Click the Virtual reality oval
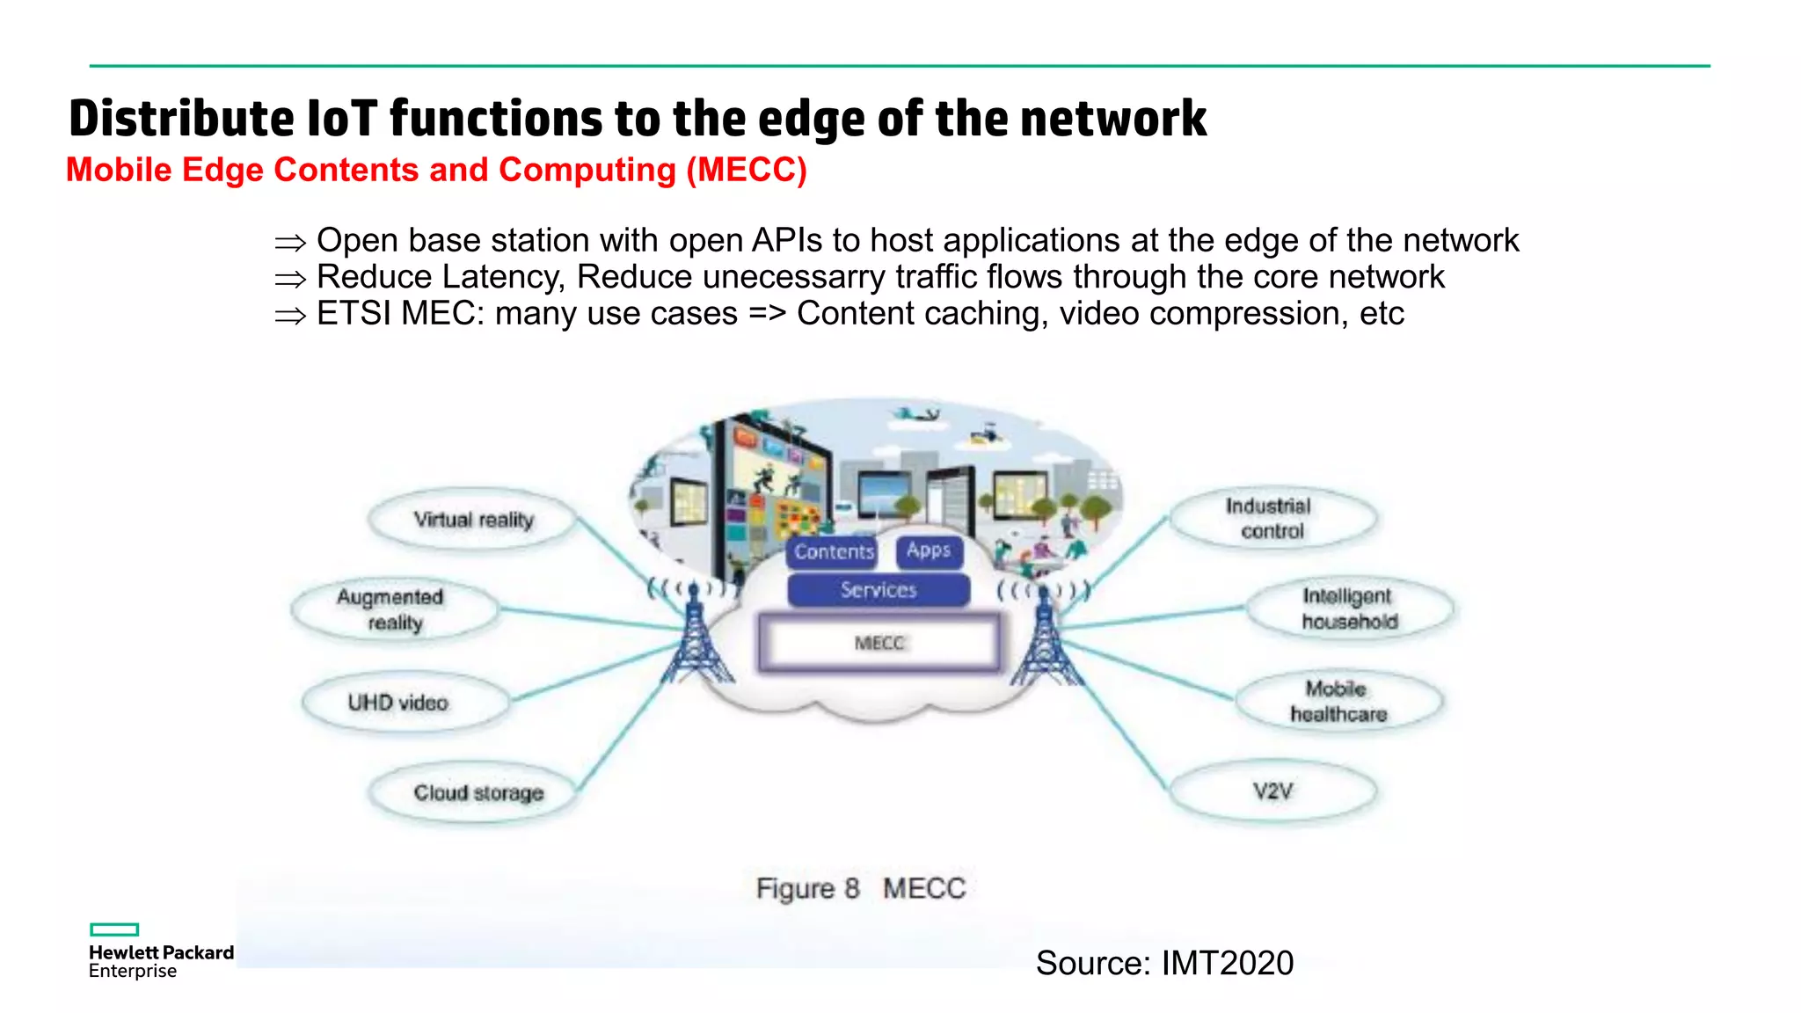473,520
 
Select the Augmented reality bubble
393,609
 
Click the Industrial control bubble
1270,519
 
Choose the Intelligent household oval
1349,609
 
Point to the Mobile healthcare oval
1338,701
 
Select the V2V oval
1272,791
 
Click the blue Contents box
833,551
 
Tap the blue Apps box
929,550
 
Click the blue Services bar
879,590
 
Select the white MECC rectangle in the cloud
879,643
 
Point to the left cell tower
696,638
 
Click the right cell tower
1045,638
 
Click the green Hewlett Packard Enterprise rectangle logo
114,929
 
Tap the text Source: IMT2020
1164,963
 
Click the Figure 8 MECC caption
860,888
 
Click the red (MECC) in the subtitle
746,170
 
